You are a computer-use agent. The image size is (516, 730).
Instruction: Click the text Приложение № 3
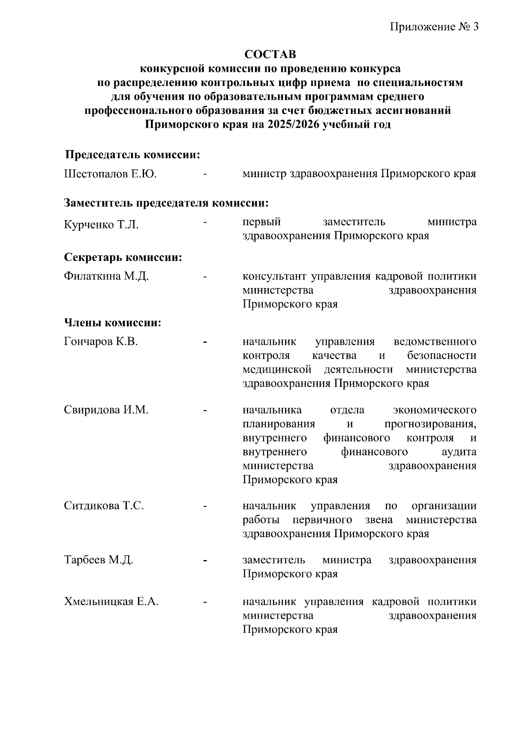[x=434, y=27]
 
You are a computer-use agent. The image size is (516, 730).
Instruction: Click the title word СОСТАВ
[x=270, y=55]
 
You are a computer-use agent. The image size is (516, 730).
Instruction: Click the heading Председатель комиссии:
[x=132, y=155]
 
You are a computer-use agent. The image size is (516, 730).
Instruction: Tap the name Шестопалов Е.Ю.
[x=110, y=174]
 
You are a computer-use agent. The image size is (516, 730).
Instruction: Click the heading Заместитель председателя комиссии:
[x=166, y=203]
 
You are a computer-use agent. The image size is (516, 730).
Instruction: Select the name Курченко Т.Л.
[x=101, y=225]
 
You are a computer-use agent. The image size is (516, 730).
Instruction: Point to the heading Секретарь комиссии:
[x=123, y=258]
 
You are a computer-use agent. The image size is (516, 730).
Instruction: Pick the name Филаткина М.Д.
[x=106, y=276]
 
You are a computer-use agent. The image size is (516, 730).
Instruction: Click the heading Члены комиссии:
[x=113, y=323]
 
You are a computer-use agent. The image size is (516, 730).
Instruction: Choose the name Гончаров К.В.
[x=101, y=342]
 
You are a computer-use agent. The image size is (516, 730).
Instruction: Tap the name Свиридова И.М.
[x=106, y=410]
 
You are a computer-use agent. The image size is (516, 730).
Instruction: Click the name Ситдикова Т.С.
[x=104, y=506]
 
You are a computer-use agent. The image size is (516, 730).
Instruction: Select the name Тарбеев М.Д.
[x=98, y=560]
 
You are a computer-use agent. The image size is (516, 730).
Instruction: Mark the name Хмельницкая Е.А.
[x=111, y=602]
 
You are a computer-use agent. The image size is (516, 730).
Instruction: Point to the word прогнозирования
[x=430, y=424]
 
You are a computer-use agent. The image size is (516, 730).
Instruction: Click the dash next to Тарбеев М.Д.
[x=206, y=560]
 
